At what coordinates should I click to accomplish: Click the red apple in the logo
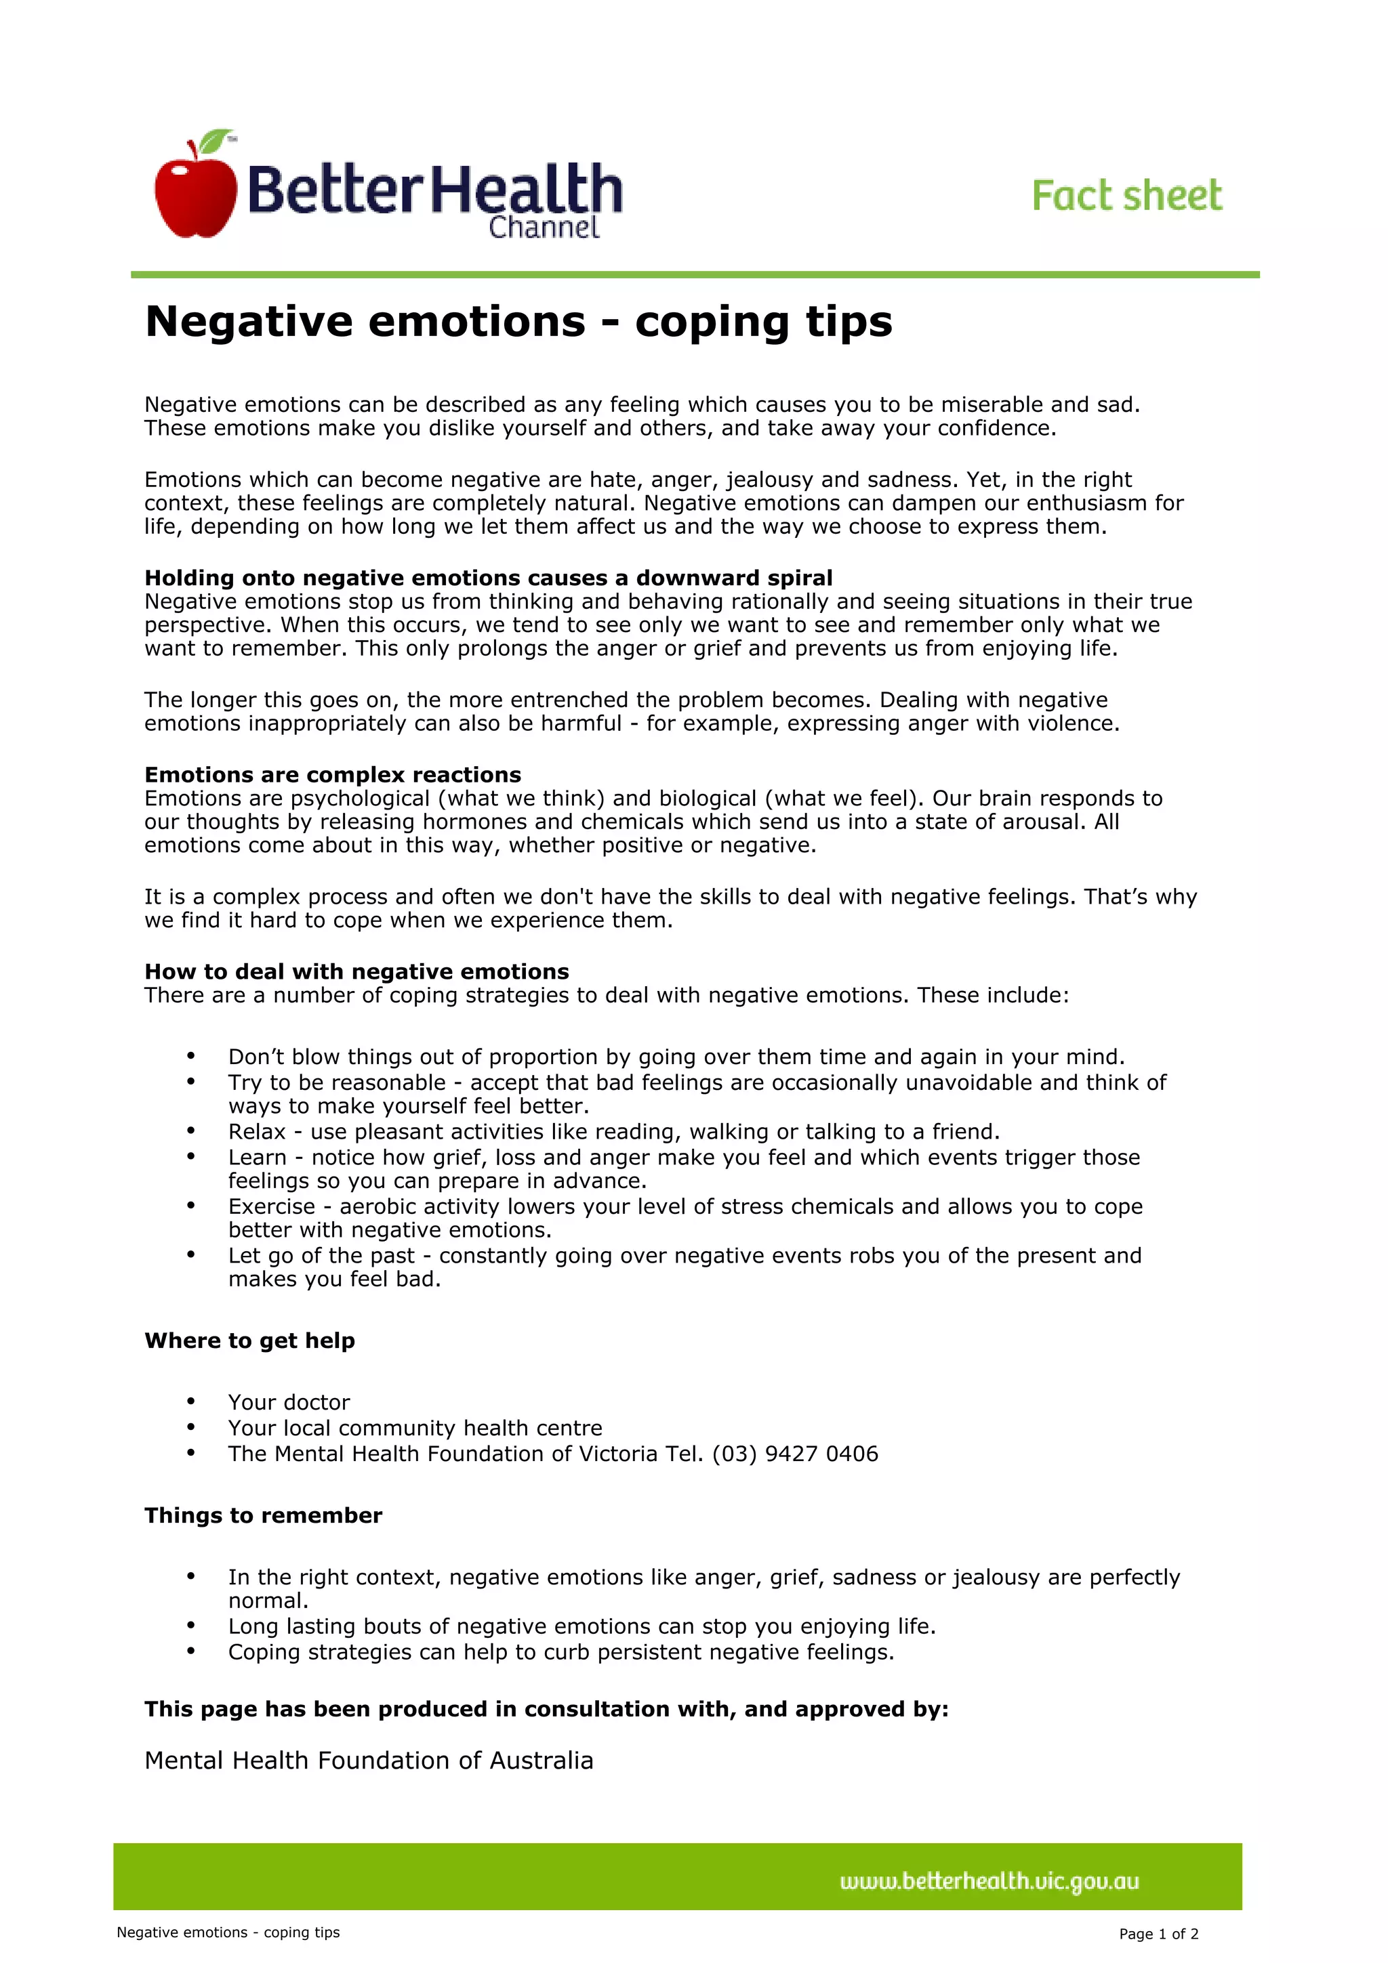point(195,195)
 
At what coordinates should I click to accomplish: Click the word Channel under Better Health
point(544,228)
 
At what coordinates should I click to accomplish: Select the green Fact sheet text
point(1126,196)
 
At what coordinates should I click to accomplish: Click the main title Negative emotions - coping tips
point(518,322)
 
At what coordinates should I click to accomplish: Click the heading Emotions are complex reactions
point(333,775)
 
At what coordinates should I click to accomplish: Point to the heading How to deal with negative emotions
point(356,971)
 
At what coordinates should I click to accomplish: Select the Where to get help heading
point(249,1341)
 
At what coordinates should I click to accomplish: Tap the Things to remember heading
point(264,1515)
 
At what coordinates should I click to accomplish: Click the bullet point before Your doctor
point(190,1401)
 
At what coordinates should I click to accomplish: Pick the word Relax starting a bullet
point(257,1132)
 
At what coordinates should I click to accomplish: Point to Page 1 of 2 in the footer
point(1158,1934)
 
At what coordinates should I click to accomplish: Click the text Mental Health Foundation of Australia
point(369,1760)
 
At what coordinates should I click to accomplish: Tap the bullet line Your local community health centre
point(415,1428)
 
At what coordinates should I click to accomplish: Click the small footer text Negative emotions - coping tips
point(228,1933)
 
